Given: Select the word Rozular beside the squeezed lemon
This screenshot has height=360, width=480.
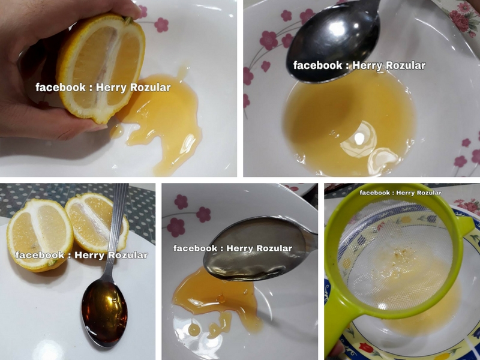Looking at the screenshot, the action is pos(151,88).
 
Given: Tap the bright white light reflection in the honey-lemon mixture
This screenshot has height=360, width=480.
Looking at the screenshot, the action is pos(359,139).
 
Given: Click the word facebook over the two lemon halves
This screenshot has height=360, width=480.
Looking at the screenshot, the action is pos(40,254).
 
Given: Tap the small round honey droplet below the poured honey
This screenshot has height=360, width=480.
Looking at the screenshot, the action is pos(194,329).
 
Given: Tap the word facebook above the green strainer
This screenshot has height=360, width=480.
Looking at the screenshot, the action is pos(374,193).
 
